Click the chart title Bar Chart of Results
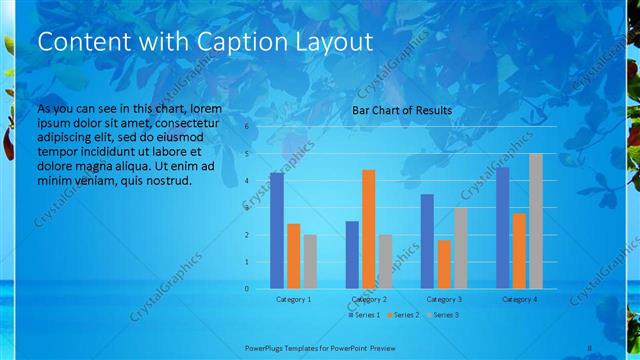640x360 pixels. point(402,110)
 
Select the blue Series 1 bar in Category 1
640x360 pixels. point(277,230)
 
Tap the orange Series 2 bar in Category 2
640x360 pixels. point(369,229)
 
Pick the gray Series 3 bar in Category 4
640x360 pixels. point(535,221)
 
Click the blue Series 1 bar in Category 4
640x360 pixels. point(502,228)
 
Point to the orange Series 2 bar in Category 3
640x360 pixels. point(444,264)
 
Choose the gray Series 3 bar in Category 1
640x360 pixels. point(310,261)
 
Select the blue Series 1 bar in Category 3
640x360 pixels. point(427,241)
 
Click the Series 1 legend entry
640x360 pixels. point(364,315)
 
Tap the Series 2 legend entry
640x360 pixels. point(402,315)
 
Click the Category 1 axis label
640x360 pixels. point(293,299)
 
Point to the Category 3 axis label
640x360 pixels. point(444,299)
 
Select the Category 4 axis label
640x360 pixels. point(519,299)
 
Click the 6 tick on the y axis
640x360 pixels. point(247,127)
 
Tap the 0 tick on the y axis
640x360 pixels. point(247,288)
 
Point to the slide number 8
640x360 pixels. point(590,347)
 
